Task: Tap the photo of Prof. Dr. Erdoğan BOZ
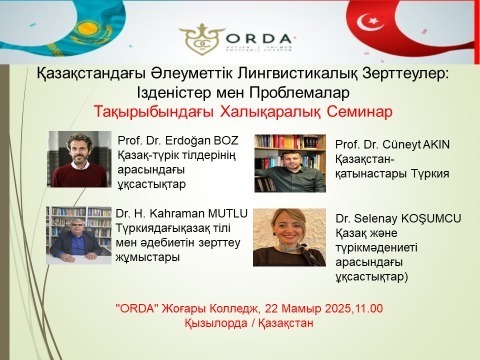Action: point(79,159)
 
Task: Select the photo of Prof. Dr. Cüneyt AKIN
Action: point(290,163)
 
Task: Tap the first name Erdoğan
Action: point(177,139)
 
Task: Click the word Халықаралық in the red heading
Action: point(266,109)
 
